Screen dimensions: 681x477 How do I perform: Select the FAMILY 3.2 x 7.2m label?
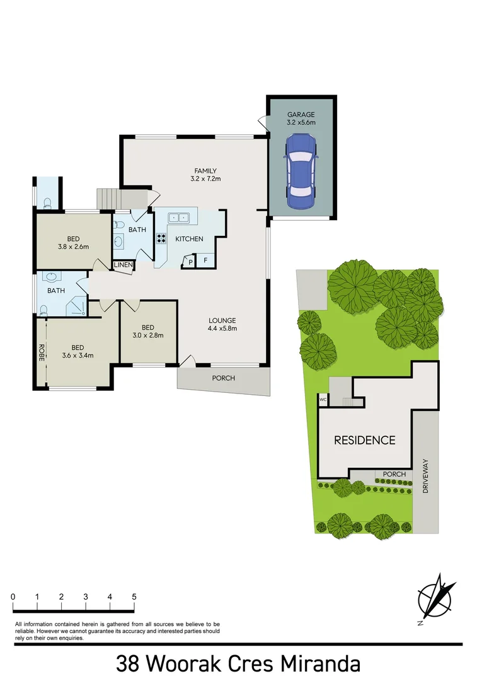click(x=205, y=175)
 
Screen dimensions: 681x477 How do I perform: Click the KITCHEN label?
click(x=189, y=239)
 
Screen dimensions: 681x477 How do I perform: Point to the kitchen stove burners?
click(x=161, y=238)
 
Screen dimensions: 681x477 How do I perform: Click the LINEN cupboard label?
click(x=124, y=265)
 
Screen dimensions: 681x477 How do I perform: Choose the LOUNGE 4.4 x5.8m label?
click(x=222, y=324)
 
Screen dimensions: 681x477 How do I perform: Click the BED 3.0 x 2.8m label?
click(x=148, y=332)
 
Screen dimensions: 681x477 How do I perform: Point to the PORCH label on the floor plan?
click(x=224, y=378)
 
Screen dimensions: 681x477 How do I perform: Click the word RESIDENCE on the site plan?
click(x=364, y=440)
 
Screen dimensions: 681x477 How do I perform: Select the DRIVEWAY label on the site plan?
click(x=425, y=475)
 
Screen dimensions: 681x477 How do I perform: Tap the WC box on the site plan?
click(x=323, y=399)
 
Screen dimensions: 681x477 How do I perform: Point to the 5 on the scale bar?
click(x=134, y=597)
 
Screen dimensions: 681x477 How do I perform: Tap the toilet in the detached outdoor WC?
click(x=48, y=203)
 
